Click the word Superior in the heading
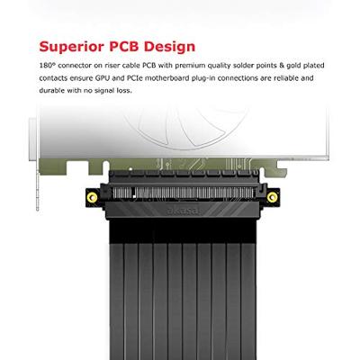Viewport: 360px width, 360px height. (72, 47)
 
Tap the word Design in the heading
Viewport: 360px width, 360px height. (169, 47)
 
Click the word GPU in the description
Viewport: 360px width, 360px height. (102, 78)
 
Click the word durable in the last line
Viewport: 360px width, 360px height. (52, 91)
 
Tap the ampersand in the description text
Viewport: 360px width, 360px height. (282, 66)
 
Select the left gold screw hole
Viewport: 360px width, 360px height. (92, 197)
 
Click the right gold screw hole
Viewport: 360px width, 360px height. (272, 197)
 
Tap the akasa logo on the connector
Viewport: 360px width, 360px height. (183, 211)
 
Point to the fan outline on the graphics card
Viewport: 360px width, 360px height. (186, 126)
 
